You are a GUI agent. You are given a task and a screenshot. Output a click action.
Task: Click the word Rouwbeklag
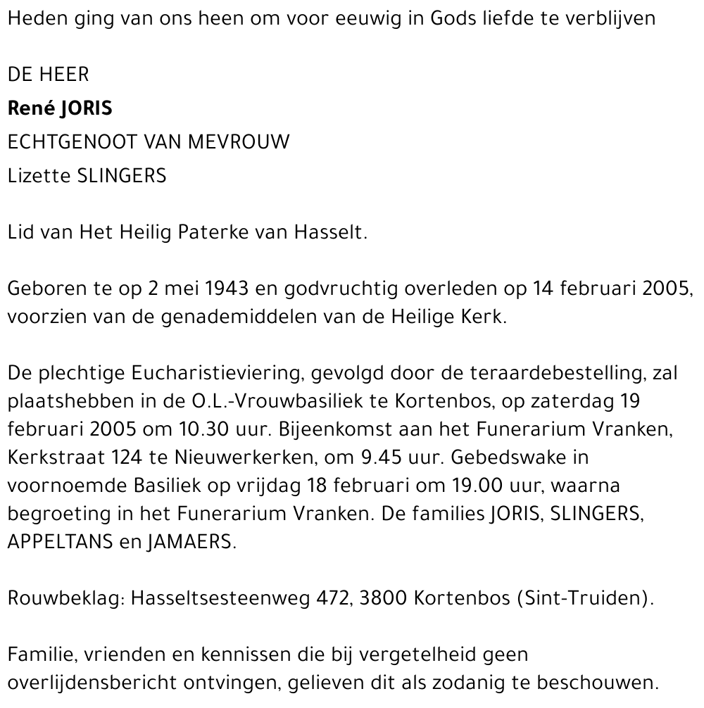62,599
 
